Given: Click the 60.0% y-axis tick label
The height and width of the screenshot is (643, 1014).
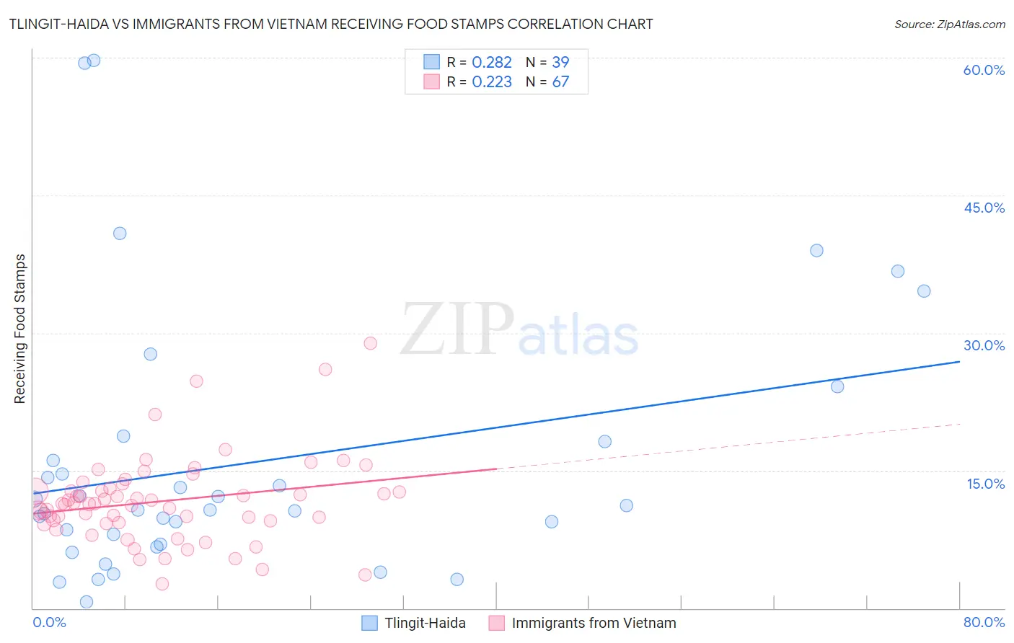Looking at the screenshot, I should point(984,70).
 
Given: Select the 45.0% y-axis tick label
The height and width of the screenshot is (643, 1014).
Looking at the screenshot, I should point(984,208).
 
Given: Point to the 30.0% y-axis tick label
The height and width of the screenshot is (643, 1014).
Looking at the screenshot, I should point(984,345).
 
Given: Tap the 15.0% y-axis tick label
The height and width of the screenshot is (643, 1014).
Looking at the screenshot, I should point(985,483).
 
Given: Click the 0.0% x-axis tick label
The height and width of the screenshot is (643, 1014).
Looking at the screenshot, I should point(49,622).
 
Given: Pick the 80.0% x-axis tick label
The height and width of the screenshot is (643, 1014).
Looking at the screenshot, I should point(984,622).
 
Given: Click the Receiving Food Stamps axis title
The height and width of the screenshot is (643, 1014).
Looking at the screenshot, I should point(19,329).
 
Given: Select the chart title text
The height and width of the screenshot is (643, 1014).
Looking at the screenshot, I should point(331,24).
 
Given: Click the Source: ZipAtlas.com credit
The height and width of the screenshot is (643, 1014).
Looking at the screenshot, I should point(949,24).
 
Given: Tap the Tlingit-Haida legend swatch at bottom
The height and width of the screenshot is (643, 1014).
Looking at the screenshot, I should point(369,623).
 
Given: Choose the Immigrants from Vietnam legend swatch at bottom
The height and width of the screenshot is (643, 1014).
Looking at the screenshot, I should point(496,623).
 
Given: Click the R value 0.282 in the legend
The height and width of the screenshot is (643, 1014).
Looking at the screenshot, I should point(491,62).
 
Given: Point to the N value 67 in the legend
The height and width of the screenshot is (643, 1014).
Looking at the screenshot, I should point(560,81).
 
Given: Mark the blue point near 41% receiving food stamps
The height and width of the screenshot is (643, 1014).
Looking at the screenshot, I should point(120,234).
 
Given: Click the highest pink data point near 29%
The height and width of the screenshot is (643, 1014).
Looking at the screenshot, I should point(370,343).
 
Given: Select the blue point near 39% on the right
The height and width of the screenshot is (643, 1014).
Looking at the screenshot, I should point(816,251).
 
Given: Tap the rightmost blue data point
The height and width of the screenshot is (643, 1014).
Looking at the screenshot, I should point(924,291).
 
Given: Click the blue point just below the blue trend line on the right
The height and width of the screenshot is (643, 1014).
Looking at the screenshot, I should point(837,386).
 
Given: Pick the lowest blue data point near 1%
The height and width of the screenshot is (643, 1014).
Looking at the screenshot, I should point(87,602).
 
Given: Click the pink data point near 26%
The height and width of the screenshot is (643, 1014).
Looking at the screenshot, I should point(325,369).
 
